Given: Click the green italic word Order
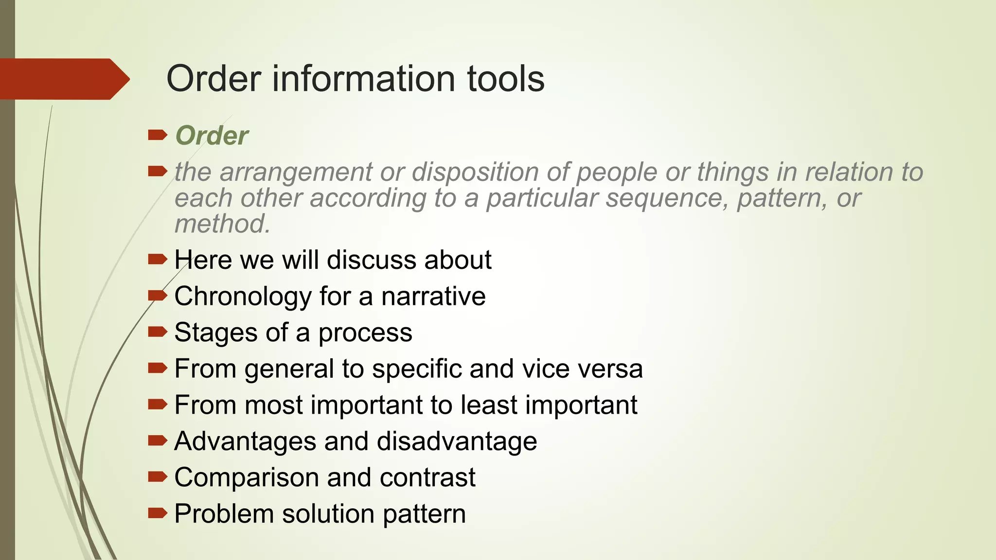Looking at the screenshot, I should [x=212, y=136].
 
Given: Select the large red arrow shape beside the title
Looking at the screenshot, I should [x=63, y=79].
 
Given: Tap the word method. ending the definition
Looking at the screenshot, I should [x=222, y=224].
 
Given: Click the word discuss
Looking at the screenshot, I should [x=371, y=260].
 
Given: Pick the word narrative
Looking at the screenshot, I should [x=433, y=297].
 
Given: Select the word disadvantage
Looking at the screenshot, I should [x=457, y=441].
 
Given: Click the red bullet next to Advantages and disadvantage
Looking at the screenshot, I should [x=157, y=440].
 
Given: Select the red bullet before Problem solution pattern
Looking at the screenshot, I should [x=157, y=513].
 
